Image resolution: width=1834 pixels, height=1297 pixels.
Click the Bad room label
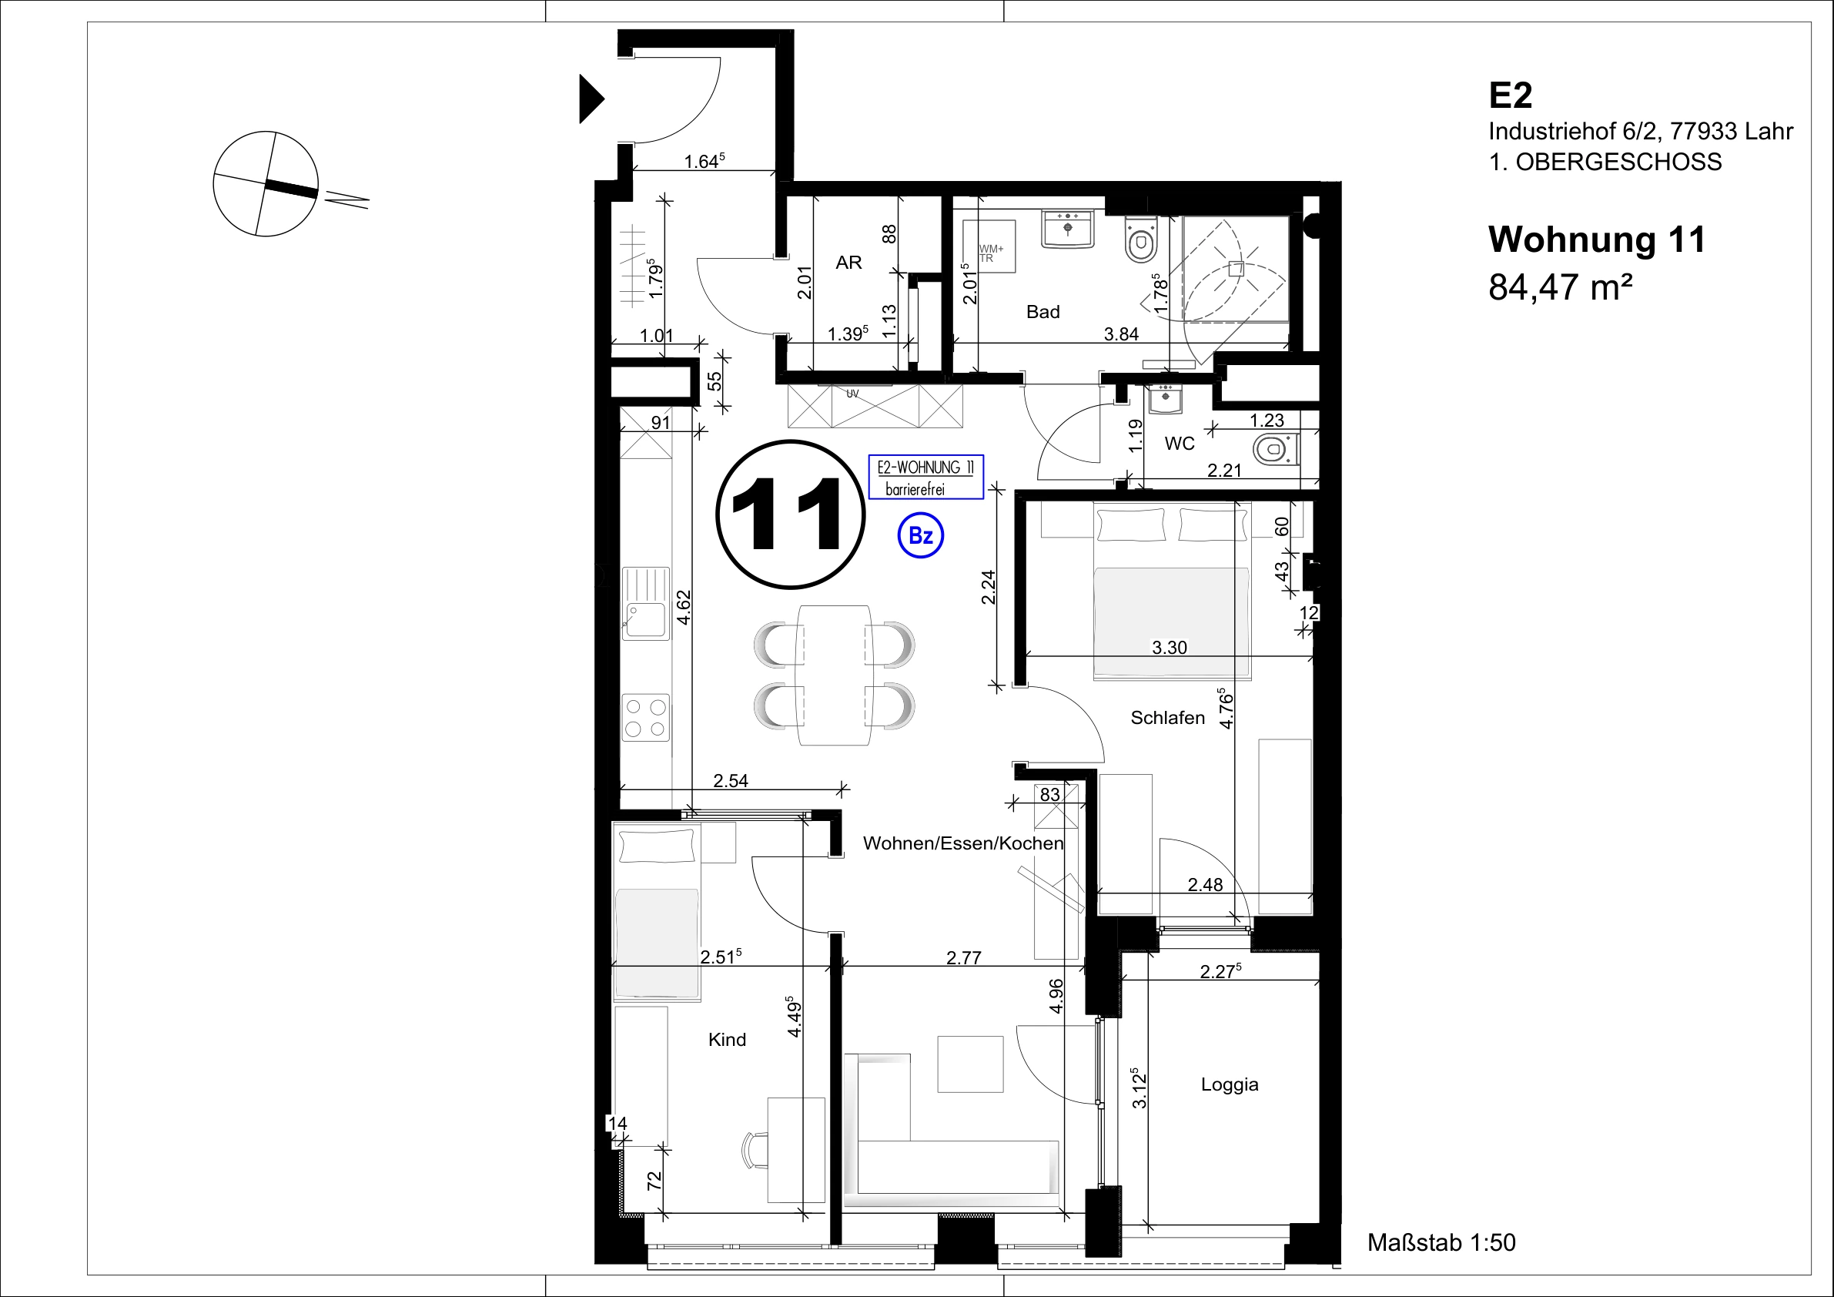click(1043, 312)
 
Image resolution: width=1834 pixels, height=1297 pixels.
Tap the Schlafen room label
click(1167, 718)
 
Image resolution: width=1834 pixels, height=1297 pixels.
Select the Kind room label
click(727, 1040)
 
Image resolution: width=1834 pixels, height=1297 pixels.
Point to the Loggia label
click(1230, 1084)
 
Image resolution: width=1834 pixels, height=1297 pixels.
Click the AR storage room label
click(848, 262)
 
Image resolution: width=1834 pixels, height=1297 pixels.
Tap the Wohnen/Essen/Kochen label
click(963, 843)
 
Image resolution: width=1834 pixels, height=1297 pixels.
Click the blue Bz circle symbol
click(921, 535)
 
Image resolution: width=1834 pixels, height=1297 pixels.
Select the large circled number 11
click(790, 514)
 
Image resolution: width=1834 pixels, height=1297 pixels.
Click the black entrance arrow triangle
click(591, 99)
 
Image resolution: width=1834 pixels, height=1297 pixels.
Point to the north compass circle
click(265, 184)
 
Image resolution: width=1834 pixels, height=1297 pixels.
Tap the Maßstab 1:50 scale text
click(1441, 1242)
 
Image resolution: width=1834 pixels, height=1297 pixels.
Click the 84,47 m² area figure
click(1560, 286)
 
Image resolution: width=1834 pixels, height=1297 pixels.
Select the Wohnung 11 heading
click(1597, 239)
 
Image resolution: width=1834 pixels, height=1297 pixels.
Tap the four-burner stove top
click(646, 718)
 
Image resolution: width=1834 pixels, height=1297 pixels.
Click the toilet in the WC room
click(1276, 450)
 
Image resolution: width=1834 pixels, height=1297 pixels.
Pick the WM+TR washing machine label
click(990, 253)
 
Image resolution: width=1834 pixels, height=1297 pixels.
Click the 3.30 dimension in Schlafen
click(1169, 647)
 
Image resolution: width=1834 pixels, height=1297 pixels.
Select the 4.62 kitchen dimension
click(683, 612)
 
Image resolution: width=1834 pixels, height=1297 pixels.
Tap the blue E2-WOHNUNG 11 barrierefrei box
click(925, 477)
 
